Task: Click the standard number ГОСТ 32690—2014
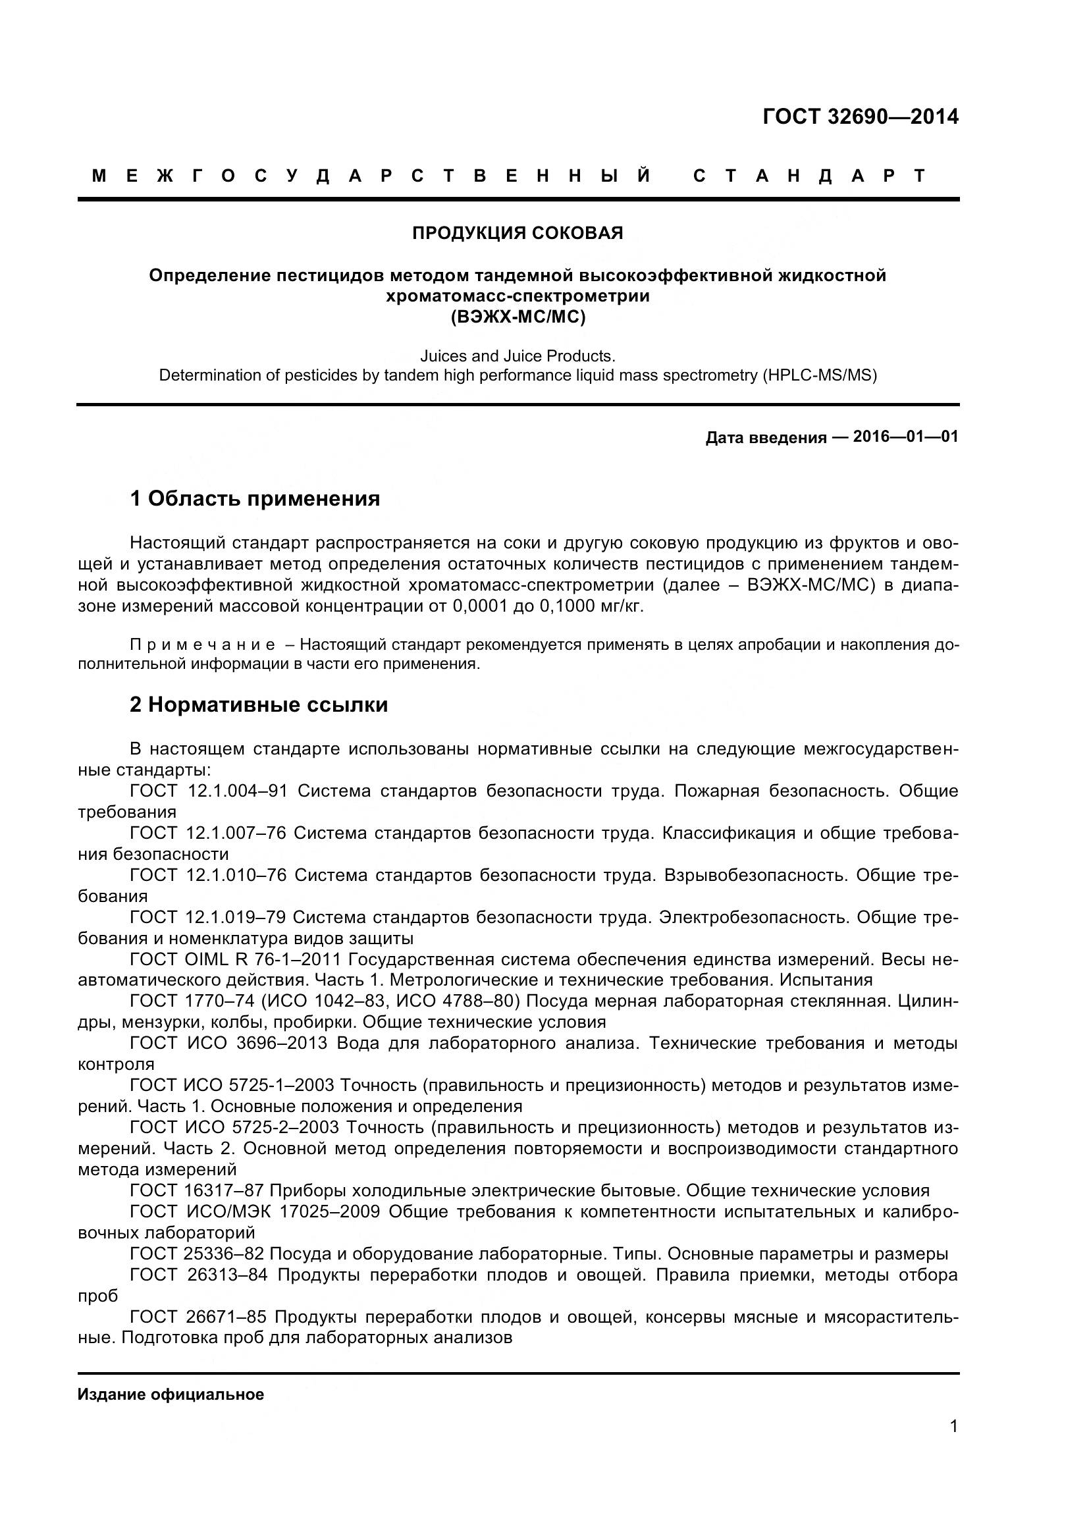(861, 117)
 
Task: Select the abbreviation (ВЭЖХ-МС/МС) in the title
(518, 317)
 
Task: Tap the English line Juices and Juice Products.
(518, 356)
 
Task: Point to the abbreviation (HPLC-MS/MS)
(819, 375)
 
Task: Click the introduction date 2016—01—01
(905, 437)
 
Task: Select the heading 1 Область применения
(255, 499)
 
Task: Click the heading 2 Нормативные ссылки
(259, 705)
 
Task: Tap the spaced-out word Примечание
(203, 645)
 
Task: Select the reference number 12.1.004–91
(238, 791)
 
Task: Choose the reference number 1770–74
(219, 1001)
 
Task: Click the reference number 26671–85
(225, 1317)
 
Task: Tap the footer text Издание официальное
(171, 1395)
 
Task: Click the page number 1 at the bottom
(953, 1445)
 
